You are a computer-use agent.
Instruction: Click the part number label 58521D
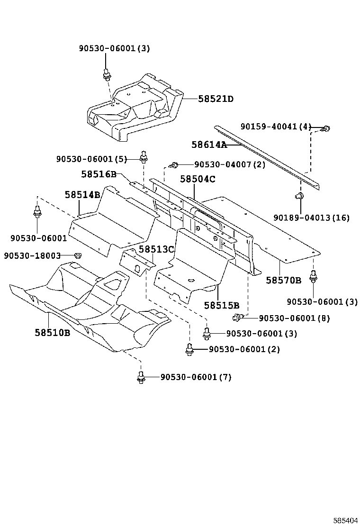[216, 99]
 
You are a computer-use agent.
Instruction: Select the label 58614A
[209, 145]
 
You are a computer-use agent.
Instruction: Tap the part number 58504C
[198, 179]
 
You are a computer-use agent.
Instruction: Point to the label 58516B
[99, 174]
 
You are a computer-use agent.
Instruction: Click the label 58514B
[82, 194]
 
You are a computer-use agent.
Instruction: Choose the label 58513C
[156, 249]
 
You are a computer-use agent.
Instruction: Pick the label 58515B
[222, 305]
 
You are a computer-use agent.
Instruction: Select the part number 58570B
[283, 280]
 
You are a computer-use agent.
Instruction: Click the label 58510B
[52, 333]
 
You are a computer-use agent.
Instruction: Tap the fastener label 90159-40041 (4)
[276, 127]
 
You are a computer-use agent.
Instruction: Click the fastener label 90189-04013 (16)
[311, 218]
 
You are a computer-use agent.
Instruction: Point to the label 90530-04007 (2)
[229, 164]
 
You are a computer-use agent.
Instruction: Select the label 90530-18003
[32, 255]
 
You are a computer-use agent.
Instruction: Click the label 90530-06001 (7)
[196, 377]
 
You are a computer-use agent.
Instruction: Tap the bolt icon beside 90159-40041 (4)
[326, 128]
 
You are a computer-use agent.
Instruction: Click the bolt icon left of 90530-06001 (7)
[140, 377]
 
